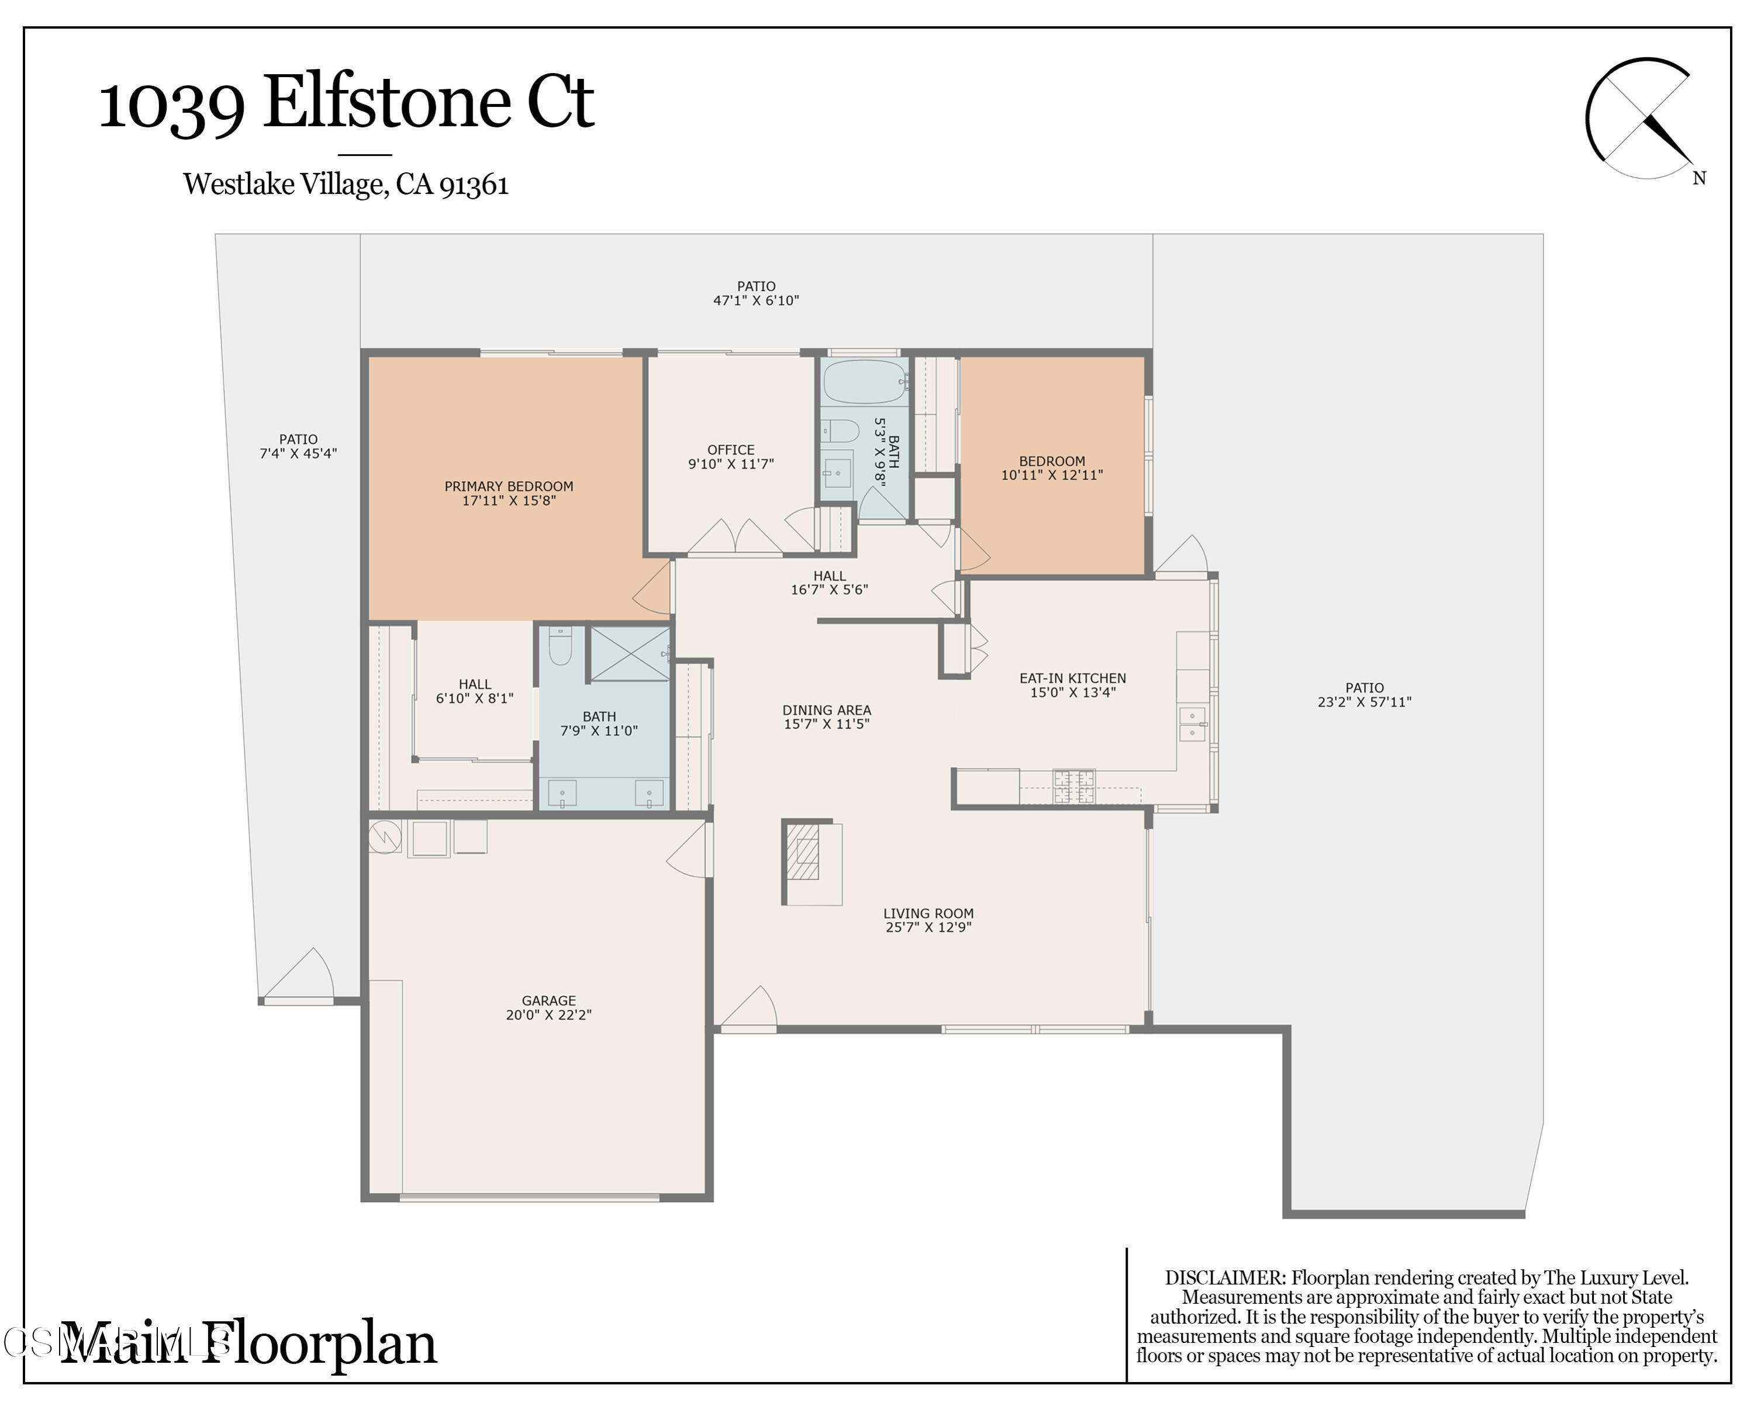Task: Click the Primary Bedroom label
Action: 509,486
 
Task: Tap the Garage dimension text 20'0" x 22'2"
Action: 548,1015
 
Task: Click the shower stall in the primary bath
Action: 629,652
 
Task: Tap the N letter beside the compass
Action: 1698,178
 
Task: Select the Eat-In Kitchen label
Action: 1072,678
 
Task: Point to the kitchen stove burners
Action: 1074,785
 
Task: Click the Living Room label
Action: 928,913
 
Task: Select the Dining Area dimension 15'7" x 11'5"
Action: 827,723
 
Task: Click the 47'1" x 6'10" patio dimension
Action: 756,300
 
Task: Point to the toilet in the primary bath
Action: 561,646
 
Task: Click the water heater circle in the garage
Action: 385,837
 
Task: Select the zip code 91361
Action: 474,185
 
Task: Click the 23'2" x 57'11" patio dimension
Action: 1364,702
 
